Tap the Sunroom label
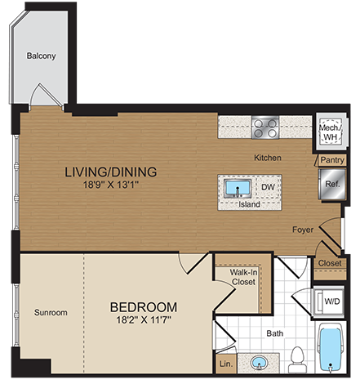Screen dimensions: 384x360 click(x=51, y=313)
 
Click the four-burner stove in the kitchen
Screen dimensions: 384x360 click(x=265, y=127)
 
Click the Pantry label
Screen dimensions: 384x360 click(x=331, y=161)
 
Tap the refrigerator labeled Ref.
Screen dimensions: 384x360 click(x=332, y=185)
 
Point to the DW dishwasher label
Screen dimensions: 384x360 click(x=267, y=188)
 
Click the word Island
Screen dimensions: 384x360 click(x=250, y=205)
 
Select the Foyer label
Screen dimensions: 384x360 click(x=304, y=230)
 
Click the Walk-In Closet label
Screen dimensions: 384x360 click(x=242, y=278)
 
